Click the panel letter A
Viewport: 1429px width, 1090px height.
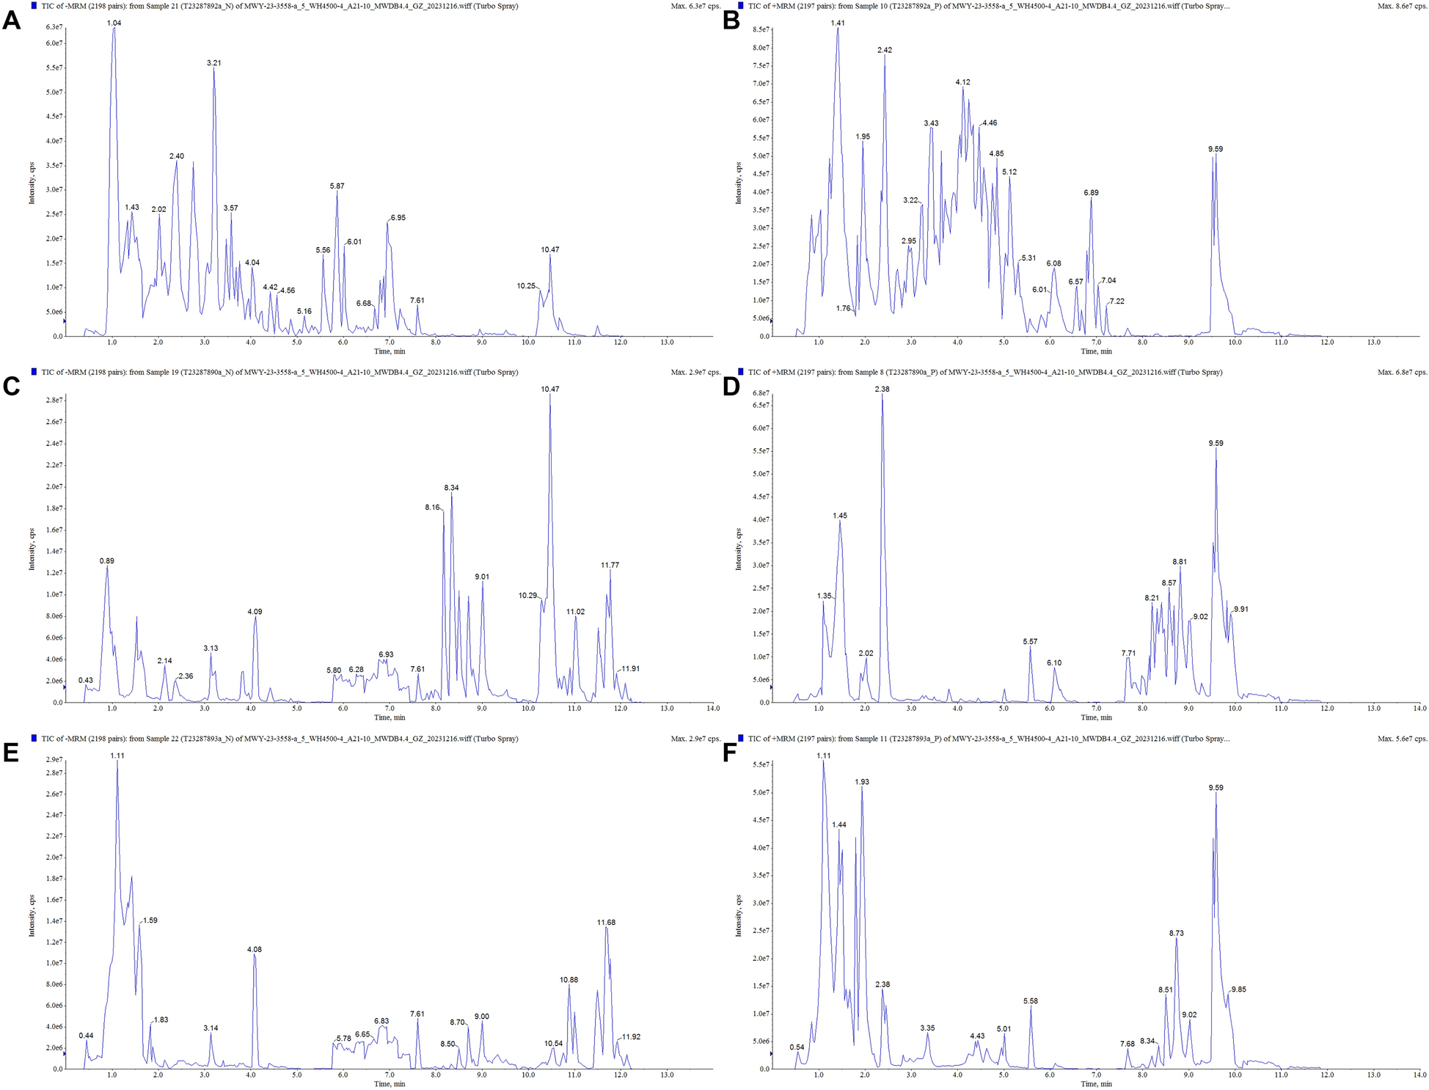11,20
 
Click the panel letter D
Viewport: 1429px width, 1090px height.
731,387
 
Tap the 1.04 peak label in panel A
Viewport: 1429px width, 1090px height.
114,23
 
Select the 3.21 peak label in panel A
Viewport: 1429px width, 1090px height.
213,63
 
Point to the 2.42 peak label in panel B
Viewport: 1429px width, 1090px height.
885,50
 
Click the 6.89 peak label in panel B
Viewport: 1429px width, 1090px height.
1091,193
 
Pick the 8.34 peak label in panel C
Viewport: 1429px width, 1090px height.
451,488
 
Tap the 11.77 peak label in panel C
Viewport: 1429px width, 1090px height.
610,566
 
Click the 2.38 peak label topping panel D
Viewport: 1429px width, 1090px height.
882,389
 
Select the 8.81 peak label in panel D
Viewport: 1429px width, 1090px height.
1180,562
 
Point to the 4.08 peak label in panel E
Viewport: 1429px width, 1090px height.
254,950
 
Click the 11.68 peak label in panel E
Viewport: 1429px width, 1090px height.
606,922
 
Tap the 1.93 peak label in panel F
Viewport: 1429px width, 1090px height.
862,783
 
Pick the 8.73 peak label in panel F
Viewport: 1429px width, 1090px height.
1176,934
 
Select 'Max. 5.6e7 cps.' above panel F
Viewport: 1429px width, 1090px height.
1402,739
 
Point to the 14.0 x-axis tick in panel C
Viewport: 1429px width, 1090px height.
712,709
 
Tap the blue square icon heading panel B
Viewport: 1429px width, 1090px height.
742,6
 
